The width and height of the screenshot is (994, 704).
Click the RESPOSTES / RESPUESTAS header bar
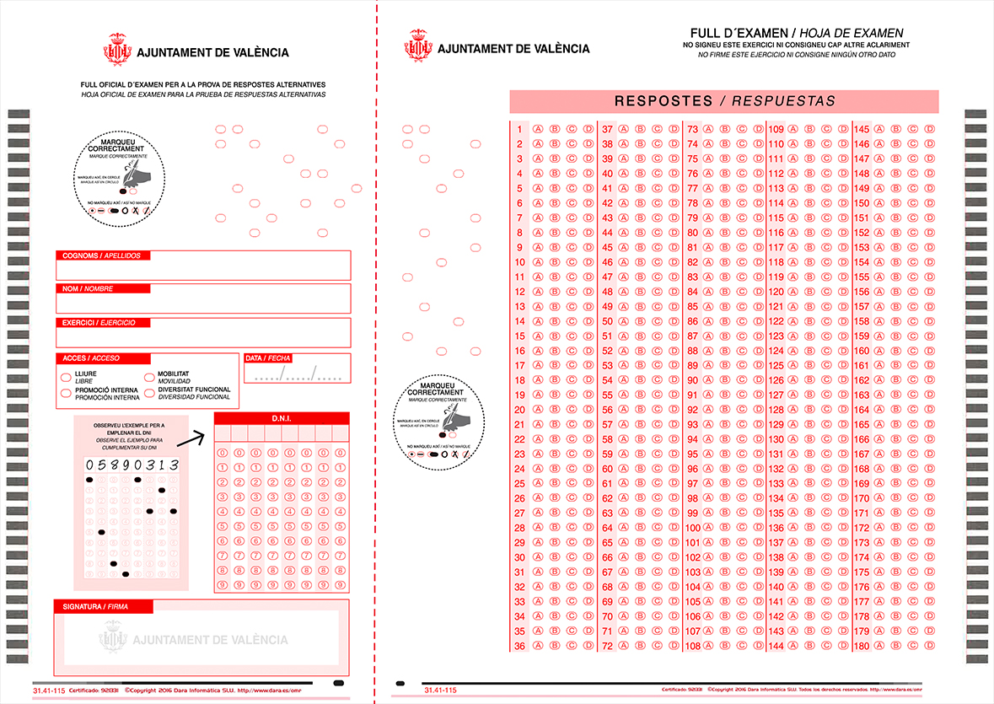click(723, 101)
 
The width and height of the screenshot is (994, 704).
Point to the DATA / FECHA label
click(267, 358)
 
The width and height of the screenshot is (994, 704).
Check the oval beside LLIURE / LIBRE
click(66, 375)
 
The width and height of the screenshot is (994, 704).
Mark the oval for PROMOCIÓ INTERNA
click(66, 393)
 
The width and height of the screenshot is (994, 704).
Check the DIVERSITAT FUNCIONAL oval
click(149, 393)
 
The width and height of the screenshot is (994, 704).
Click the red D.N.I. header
click(281, 418)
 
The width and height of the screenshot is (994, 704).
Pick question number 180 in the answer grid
click(862, 647)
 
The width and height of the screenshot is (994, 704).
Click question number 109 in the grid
click(776, 130)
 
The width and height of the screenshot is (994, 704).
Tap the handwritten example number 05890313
click(132, 465)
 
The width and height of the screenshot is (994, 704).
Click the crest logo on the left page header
click(117, 49)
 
